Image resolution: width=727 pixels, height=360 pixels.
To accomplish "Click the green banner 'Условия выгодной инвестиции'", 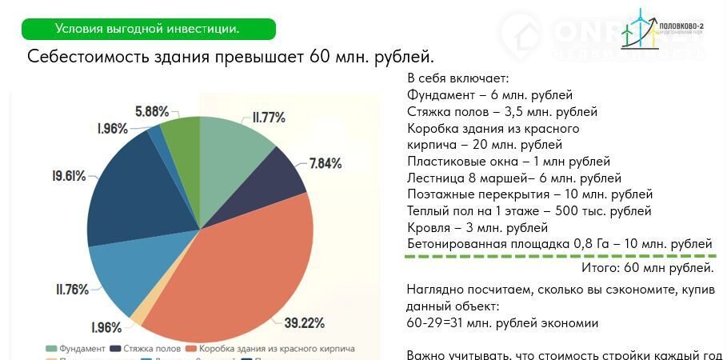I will [147, 29].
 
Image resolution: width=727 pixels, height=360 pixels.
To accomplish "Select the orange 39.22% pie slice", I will [240, 272].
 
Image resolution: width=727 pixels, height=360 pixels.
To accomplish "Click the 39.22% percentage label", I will [305, 322].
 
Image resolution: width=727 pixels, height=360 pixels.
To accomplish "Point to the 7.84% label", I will [326, 164].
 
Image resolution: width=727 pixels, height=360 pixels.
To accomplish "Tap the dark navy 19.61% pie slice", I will [128, 192].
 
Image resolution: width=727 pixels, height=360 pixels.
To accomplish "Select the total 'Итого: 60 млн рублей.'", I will [653, 267].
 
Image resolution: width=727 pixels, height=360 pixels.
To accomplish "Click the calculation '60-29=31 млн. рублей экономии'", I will [501, 322].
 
